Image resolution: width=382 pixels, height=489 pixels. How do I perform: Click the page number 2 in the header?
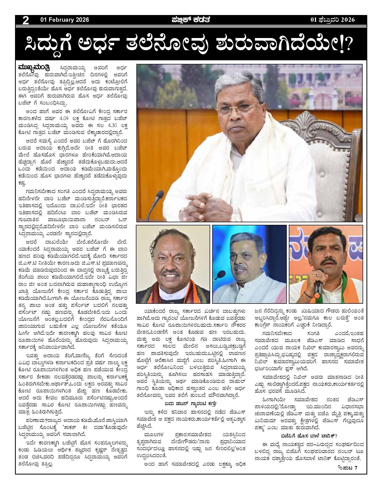pos(26,20)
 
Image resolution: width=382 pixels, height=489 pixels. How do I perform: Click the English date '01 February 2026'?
pos(64,20)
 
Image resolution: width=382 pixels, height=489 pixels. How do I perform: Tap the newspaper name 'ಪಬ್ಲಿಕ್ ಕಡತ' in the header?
pos(190,20)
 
